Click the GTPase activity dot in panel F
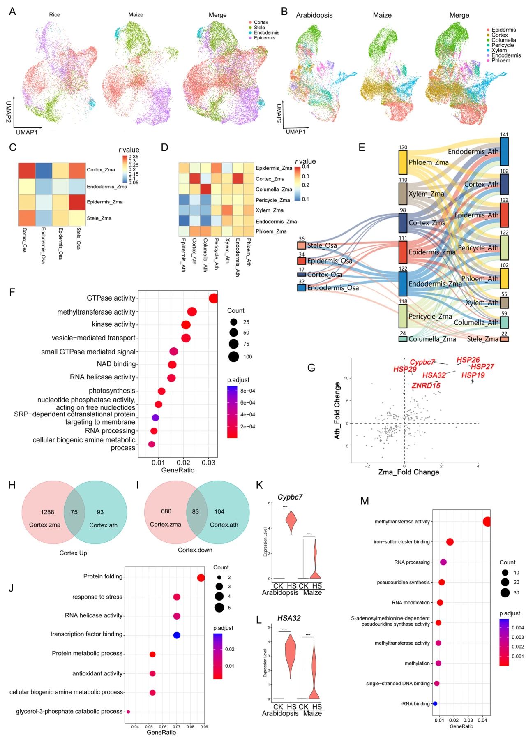(x=213, y=298)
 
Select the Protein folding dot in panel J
(x=201, y=578)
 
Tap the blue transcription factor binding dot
(x=177, y=635)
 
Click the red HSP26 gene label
(x=468, y=360)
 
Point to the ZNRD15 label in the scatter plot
(x=426, y=385)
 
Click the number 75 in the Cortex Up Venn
(x=74, y=512)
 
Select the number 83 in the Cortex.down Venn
(x=195, y=512)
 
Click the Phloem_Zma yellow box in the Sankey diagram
(x=403, y=162)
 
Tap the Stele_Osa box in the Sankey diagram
(x=302, y=245)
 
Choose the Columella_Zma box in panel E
(x=403, y=339)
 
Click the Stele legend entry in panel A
(x=259, y=28)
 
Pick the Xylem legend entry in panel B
(x=499, y=50)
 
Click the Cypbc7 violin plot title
(x=290, y=497)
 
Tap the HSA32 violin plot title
(x=289, y=618)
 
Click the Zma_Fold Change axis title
(x=408, y=472)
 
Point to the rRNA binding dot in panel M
(x=435, y=704)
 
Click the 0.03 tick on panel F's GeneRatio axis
(x=209, y=462)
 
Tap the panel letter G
(x=311, y=367)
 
